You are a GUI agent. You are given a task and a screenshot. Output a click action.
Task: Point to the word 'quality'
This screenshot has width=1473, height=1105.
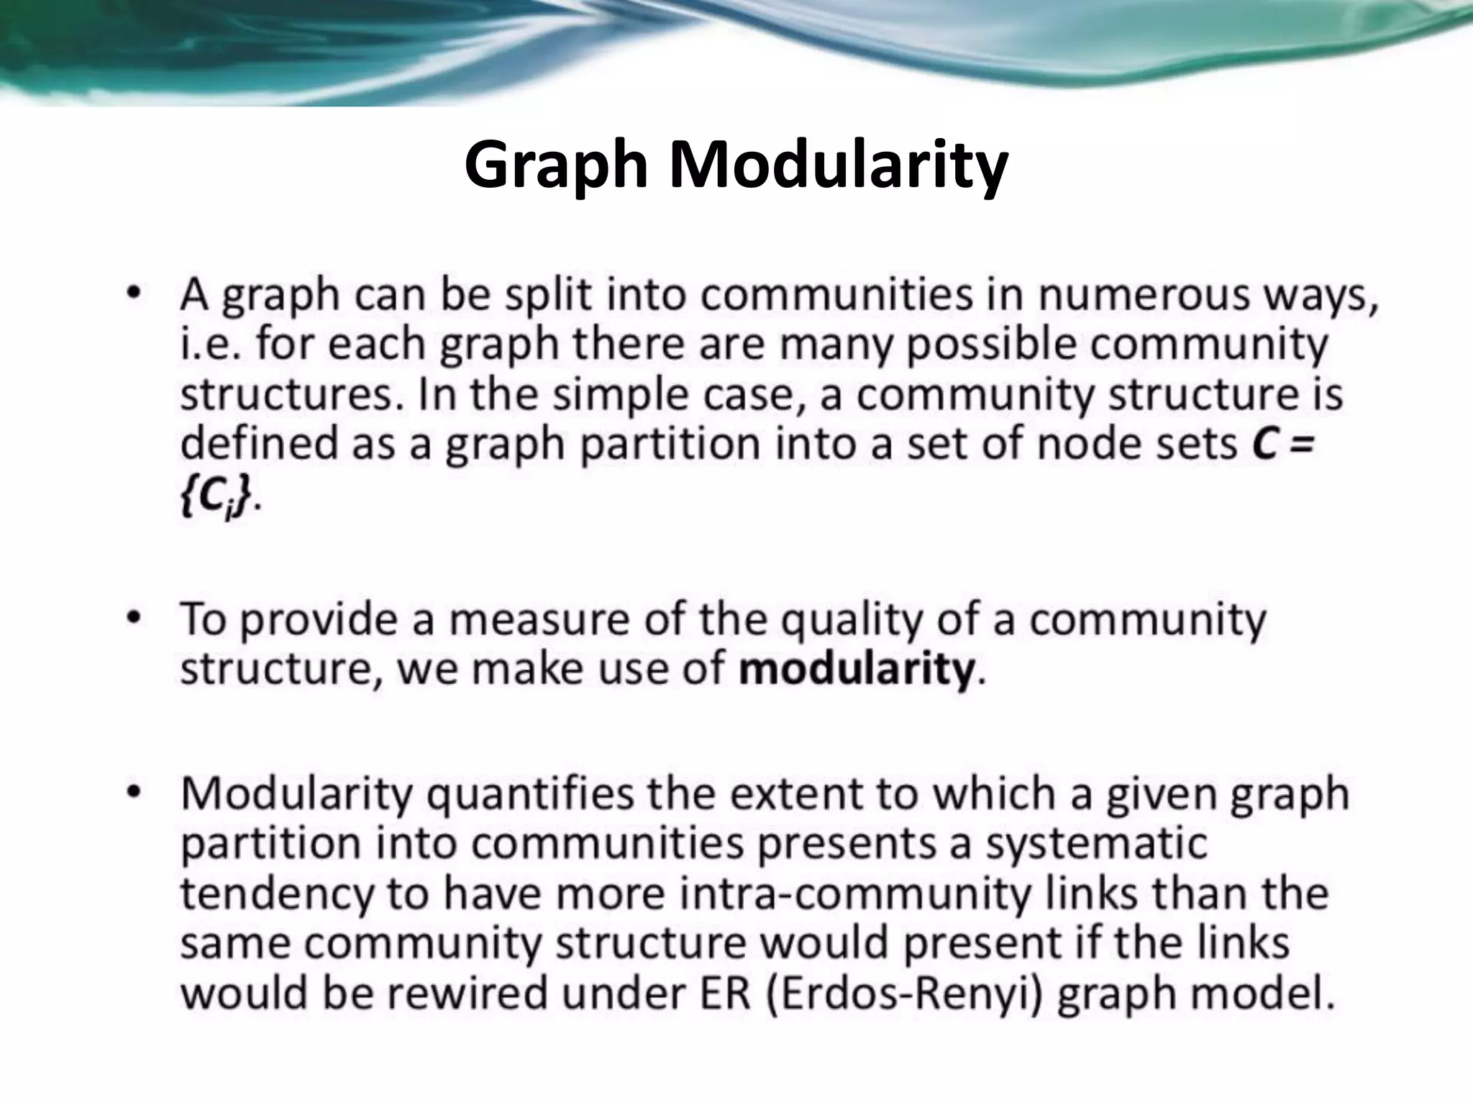pyautogui.click(x=852, y=620)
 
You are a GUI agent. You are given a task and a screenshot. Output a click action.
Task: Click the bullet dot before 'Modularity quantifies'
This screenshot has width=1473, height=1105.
pyautogui.click(x=133, y=791)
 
